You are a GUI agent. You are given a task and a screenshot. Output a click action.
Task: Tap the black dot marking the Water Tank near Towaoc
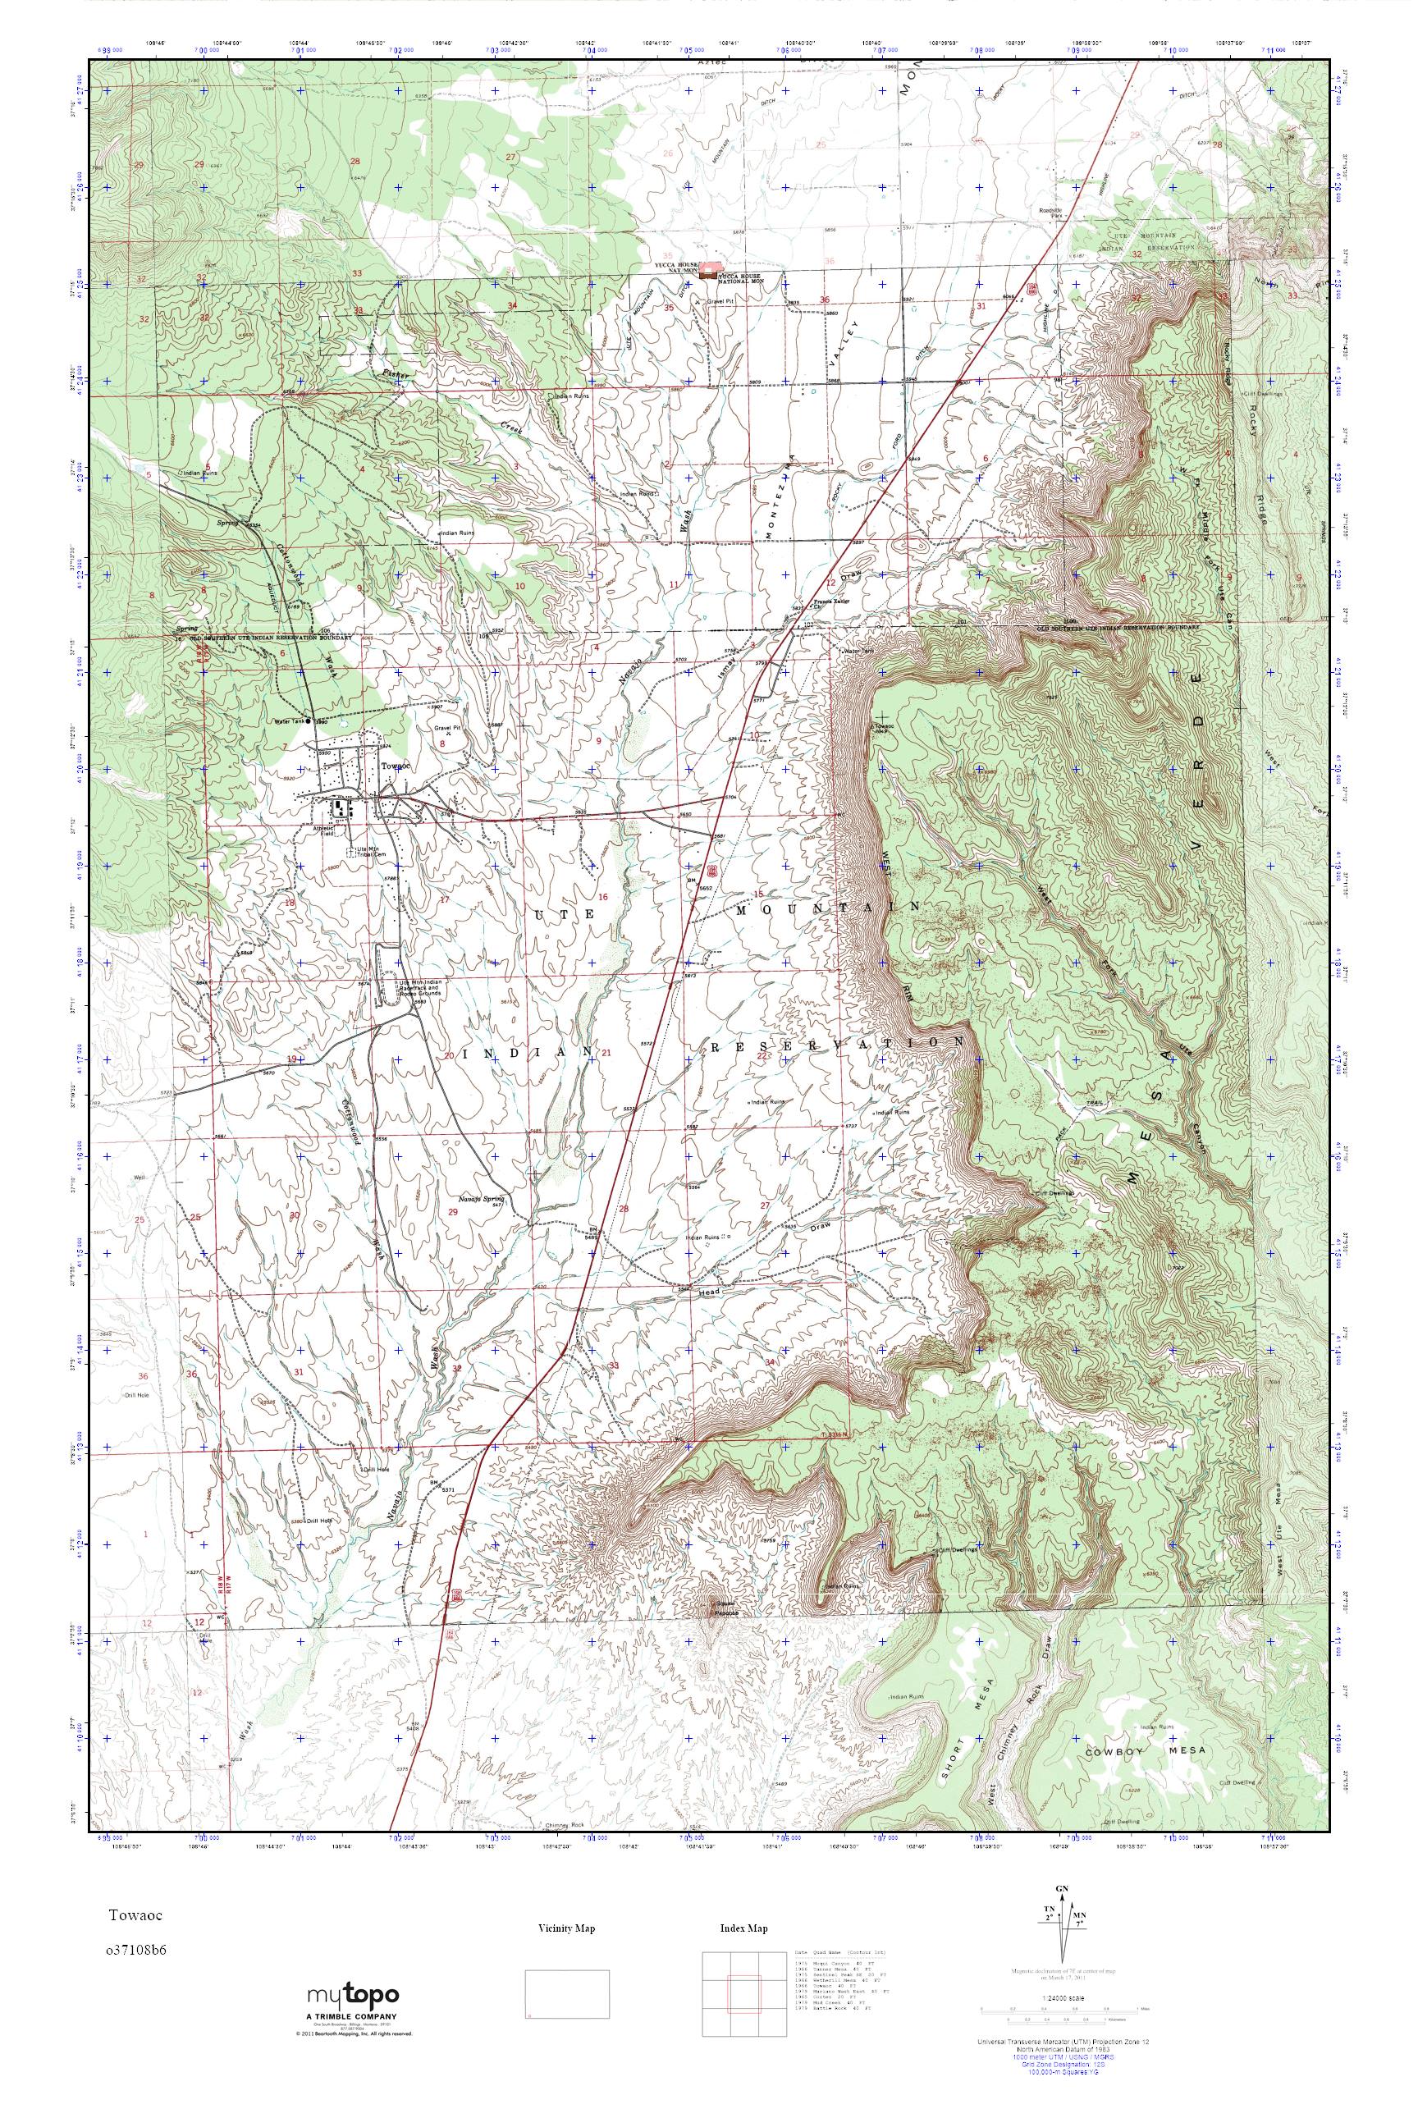pyautogui.click(x=309, y=720)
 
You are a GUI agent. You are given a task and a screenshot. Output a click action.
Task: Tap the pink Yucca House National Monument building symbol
pyautogui.click(x=711, y=274)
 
